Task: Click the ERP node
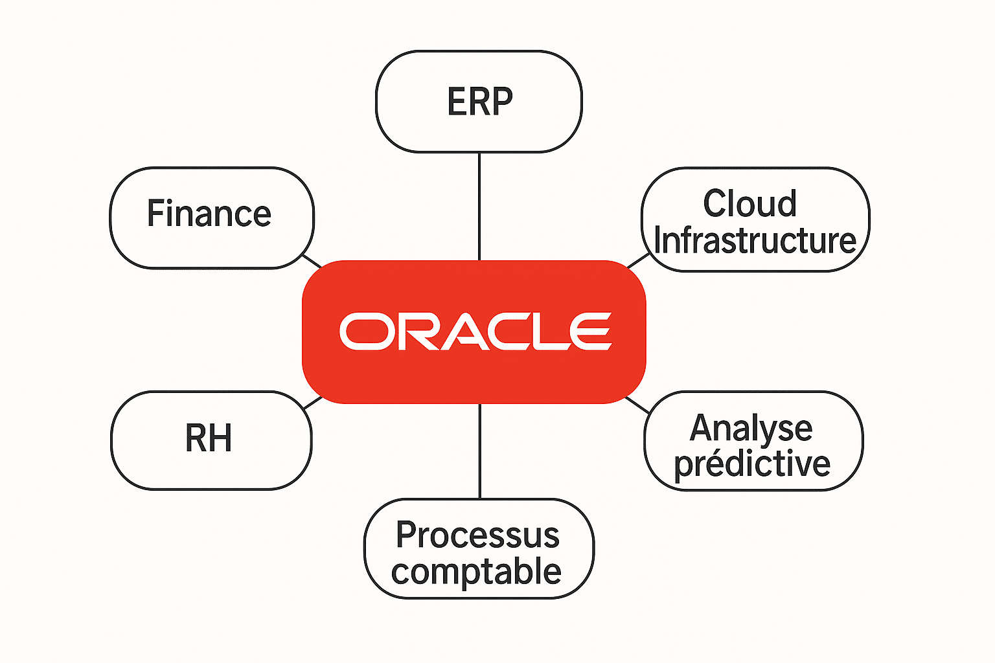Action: coord(479,102)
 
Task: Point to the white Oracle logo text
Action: coord(475,331)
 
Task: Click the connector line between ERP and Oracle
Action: coord(479,206)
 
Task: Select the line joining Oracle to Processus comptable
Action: coord(479,451)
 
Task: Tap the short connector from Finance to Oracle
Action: coord(312,260)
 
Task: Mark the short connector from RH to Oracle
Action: coord(313,403)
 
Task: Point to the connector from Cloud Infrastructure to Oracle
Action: coord(638,261)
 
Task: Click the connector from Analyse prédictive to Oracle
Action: coord(637,405)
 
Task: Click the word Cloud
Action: coord(749,203)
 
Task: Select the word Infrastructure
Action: coord(755,240)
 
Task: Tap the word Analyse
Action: coord(751,429)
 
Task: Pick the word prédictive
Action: coord(752,464)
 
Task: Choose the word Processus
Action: coord(477,535)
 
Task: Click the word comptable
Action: coord(476,572)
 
